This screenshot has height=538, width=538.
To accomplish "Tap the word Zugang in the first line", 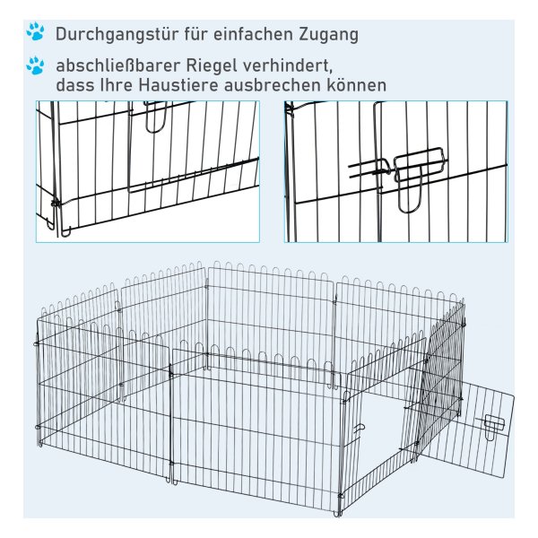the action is (329, 35).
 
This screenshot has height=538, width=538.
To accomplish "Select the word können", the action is (357, 85).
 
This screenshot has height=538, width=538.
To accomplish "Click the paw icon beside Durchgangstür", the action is (35, 31).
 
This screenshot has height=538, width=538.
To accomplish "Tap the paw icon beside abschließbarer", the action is (35, 65).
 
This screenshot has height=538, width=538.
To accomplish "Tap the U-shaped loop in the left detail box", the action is (155, 117).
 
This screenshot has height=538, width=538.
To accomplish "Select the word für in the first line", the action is (195, 34).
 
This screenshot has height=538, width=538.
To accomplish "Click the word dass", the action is (74, 85).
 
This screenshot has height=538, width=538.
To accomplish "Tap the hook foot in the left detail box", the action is (65, 231).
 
